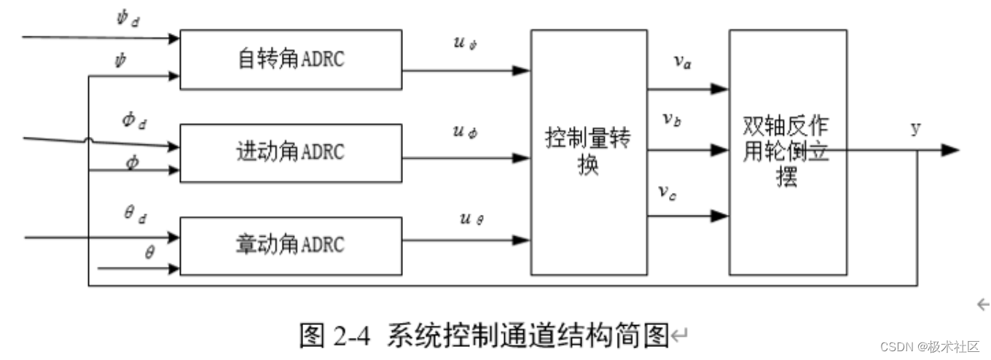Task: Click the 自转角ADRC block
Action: click(291, 59)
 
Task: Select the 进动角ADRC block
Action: click(291, 153)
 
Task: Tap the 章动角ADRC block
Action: click(291, 246)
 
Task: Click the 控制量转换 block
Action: click(588, 152)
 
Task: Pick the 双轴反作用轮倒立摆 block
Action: click(788, 152)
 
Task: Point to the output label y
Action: click(915, 128)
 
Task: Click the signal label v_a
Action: click(682, 63)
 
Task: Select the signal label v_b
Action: click(671, 120)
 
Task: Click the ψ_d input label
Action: click(127, 18)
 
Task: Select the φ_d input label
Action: click(134, 121)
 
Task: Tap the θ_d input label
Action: click(134, 214)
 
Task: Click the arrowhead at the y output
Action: click(949, 150)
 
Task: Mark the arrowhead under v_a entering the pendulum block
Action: click(720, 89)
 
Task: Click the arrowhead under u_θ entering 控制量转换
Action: click(522, 239)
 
